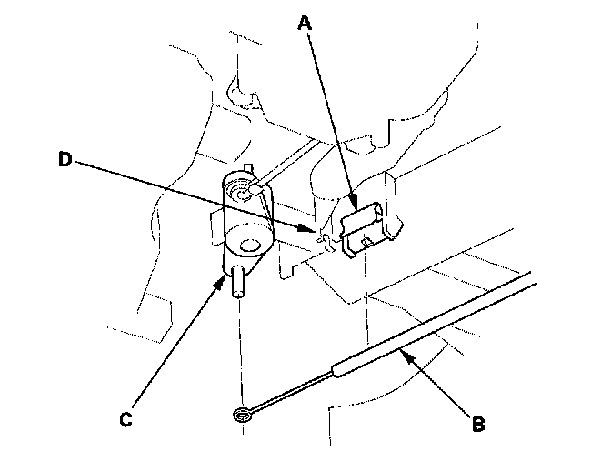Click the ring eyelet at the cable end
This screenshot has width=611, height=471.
[x=242, y=416]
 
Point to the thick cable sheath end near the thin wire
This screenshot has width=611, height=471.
[x=341, y=368]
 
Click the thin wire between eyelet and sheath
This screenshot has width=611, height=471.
[x=291, y=392]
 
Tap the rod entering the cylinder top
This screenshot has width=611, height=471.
[x=277, y=174]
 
